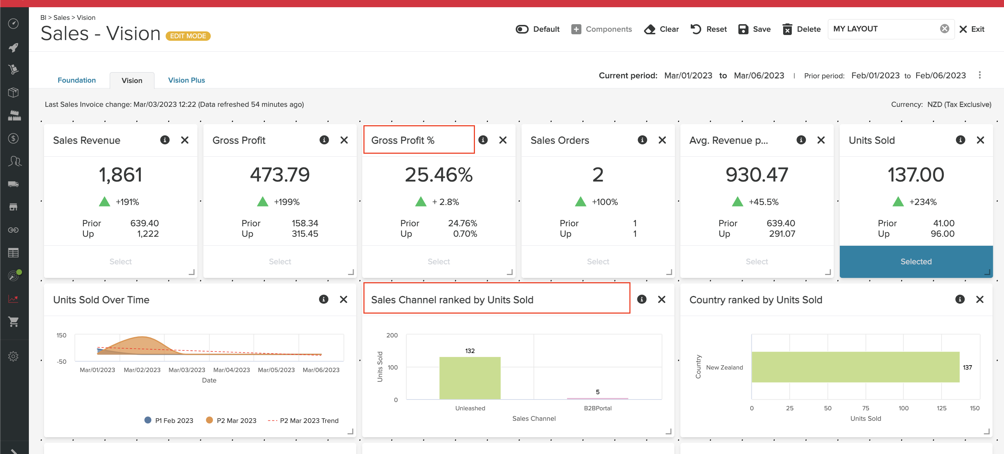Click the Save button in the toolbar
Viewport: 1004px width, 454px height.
(754, 29)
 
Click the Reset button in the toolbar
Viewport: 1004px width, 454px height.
(708, 29)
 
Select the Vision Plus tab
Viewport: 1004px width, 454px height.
(186, 80)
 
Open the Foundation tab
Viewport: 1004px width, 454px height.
(77, 80)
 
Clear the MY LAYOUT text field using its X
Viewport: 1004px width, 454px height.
(944, 29)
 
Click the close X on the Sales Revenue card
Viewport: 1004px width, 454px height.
(185, 140)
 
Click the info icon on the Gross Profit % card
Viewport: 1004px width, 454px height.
(483, 140)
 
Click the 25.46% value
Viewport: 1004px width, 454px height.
(438, 175)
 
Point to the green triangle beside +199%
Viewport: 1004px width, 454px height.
(263, 202)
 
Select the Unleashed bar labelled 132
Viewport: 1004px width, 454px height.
(470, 377)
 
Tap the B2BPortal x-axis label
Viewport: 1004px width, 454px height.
(597, 408)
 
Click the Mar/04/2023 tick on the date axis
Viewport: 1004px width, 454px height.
(232, 370)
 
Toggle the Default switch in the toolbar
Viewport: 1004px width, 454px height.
(522, 29)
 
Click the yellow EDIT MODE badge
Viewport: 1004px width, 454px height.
(188, 36)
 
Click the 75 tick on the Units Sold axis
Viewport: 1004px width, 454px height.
(865, 408)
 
